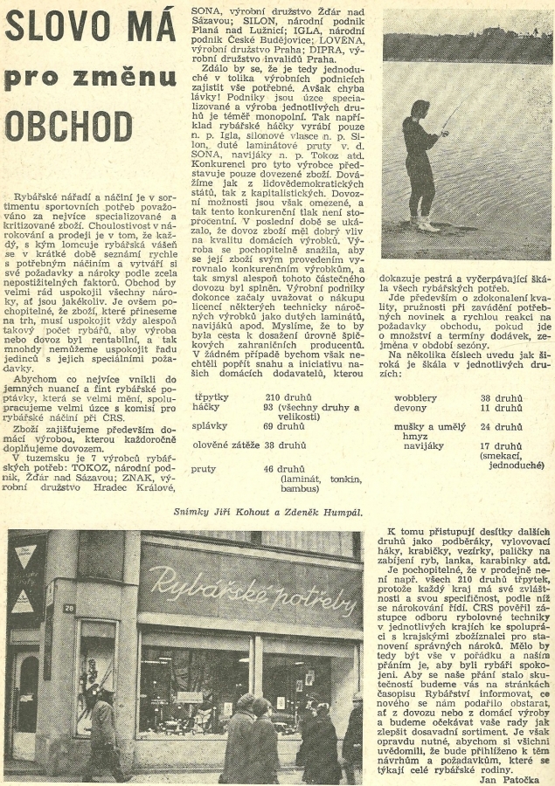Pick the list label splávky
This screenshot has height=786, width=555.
pos(211,425)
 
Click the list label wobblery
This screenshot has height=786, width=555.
pos(415,397)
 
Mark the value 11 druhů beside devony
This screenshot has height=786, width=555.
pos(504,408)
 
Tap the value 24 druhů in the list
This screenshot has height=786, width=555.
pos(504,427)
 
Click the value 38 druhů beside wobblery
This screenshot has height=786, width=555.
pos(504,397)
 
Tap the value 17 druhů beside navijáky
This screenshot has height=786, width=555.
pos(504,446)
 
